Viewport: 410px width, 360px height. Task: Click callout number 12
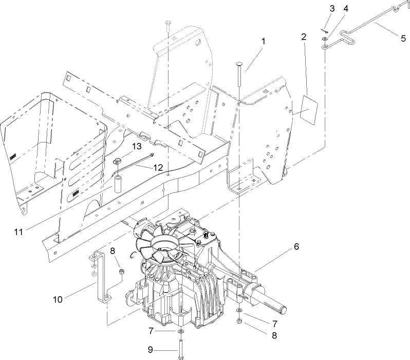(158, 167)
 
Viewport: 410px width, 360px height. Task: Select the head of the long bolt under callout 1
(240, 63)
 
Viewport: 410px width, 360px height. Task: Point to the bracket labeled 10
(101, 275)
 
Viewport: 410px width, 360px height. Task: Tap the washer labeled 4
(326, 39)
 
